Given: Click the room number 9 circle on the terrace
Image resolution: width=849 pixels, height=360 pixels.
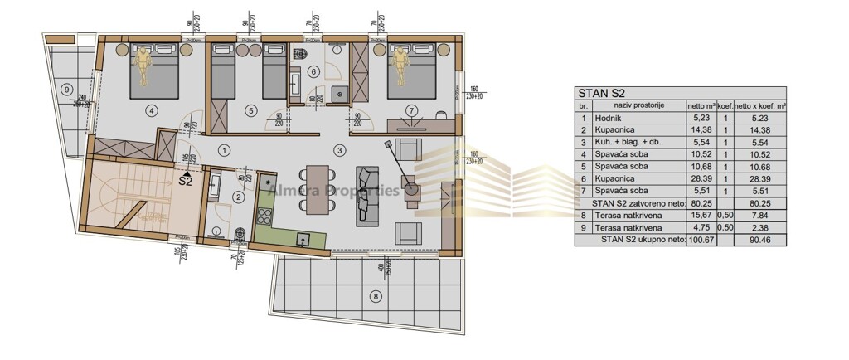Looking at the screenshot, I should pos(66,90).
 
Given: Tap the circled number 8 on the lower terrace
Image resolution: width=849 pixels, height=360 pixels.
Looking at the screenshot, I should pos(376,295).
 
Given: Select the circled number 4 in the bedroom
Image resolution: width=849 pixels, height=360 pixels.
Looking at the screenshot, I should pos(151,109).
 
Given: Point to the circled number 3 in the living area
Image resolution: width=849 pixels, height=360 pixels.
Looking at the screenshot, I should pos(339,150).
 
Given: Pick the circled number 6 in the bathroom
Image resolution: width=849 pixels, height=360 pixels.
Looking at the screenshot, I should pos(313,71).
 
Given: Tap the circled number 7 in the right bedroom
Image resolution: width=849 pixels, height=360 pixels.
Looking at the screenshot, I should pos(410,109).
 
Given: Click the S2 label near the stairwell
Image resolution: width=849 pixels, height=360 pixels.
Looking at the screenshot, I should pos(185,182).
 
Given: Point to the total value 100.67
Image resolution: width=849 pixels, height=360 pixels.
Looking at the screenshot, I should pos(700,240).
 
